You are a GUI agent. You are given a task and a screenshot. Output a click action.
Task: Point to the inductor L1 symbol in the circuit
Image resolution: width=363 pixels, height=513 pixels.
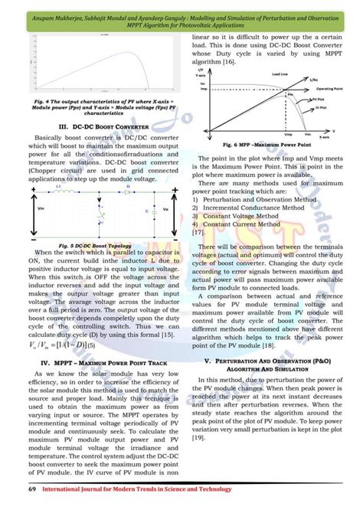60,188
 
